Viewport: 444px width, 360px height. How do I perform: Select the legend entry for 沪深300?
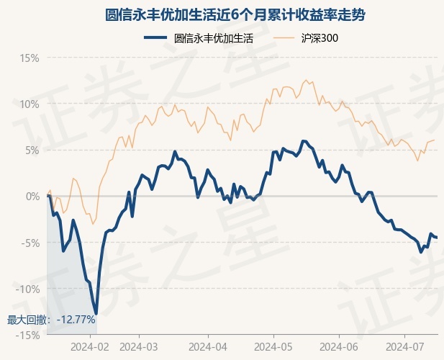pos(320,39)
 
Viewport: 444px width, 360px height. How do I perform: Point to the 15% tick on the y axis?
pos(30,58)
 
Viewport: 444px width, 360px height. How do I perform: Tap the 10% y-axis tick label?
pos(30,104)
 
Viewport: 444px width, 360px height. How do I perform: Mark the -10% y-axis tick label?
pos(28,289)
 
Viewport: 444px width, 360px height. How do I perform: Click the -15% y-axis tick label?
pos(28,335)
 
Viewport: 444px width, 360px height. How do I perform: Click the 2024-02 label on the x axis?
pos(91,347)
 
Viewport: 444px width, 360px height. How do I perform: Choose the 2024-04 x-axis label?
pos(207,347)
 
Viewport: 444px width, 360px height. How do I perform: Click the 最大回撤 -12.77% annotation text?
pos(51,320)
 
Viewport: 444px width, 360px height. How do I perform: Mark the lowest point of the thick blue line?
pos(96,313)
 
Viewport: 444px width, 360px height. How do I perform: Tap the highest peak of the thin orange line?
pos(306,80)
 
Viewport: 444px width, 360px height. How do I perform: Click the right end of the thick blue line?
pos(437,238)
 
